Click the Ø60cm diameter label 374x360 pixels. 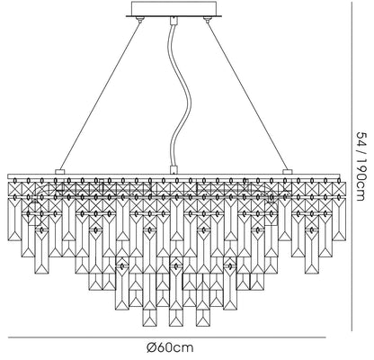(x=170, y=347)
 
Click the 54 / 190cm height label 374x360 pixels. (x=360, y=166)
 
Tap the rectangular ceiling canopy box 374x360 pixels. (x=174, y=8)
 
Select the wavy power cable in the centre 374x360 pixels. (x=178, y=95)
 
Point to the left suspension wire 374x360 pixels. (x=101, y=94)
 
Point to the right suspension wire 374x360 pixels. (x=247, y=94)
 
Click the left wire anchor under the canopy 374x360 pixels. (x=139, y=19)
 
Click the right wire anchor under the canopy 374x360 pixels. (x=206, y=19)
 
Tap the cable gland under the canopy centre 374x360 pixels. (x=173, y=21)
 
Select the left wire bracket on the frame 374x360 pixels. (x=60, y=172)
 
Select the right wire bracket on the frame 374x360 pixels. (x=288, y=172)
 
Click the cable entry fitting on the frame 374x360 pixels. (x=174, y=170)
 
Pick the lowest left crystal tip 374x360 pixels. (x=149, y=326)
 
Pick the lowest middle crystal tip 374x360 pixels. (x=176, y=326)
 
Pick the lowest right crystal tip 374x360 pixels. (x=203, y=326)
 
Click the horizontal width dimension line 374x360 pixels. (x=167, y=337)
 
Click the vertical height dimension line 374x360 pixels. (x=352, y=166)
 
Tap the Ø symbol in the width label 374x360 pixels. (x=151, y=347)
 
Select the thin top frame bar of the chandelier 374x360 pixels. (x=174, y=175)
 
